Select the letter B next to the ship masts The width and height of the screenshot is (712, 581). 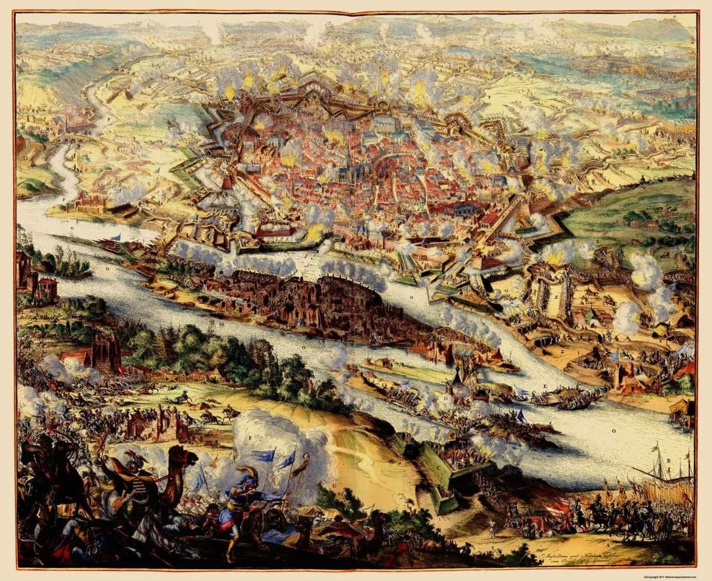(x=668, y=460)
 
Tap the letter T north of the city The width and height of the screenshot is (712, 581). (x=488, y=96)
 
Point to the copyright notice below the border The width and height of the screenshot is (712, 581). (x=676, y=576)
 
